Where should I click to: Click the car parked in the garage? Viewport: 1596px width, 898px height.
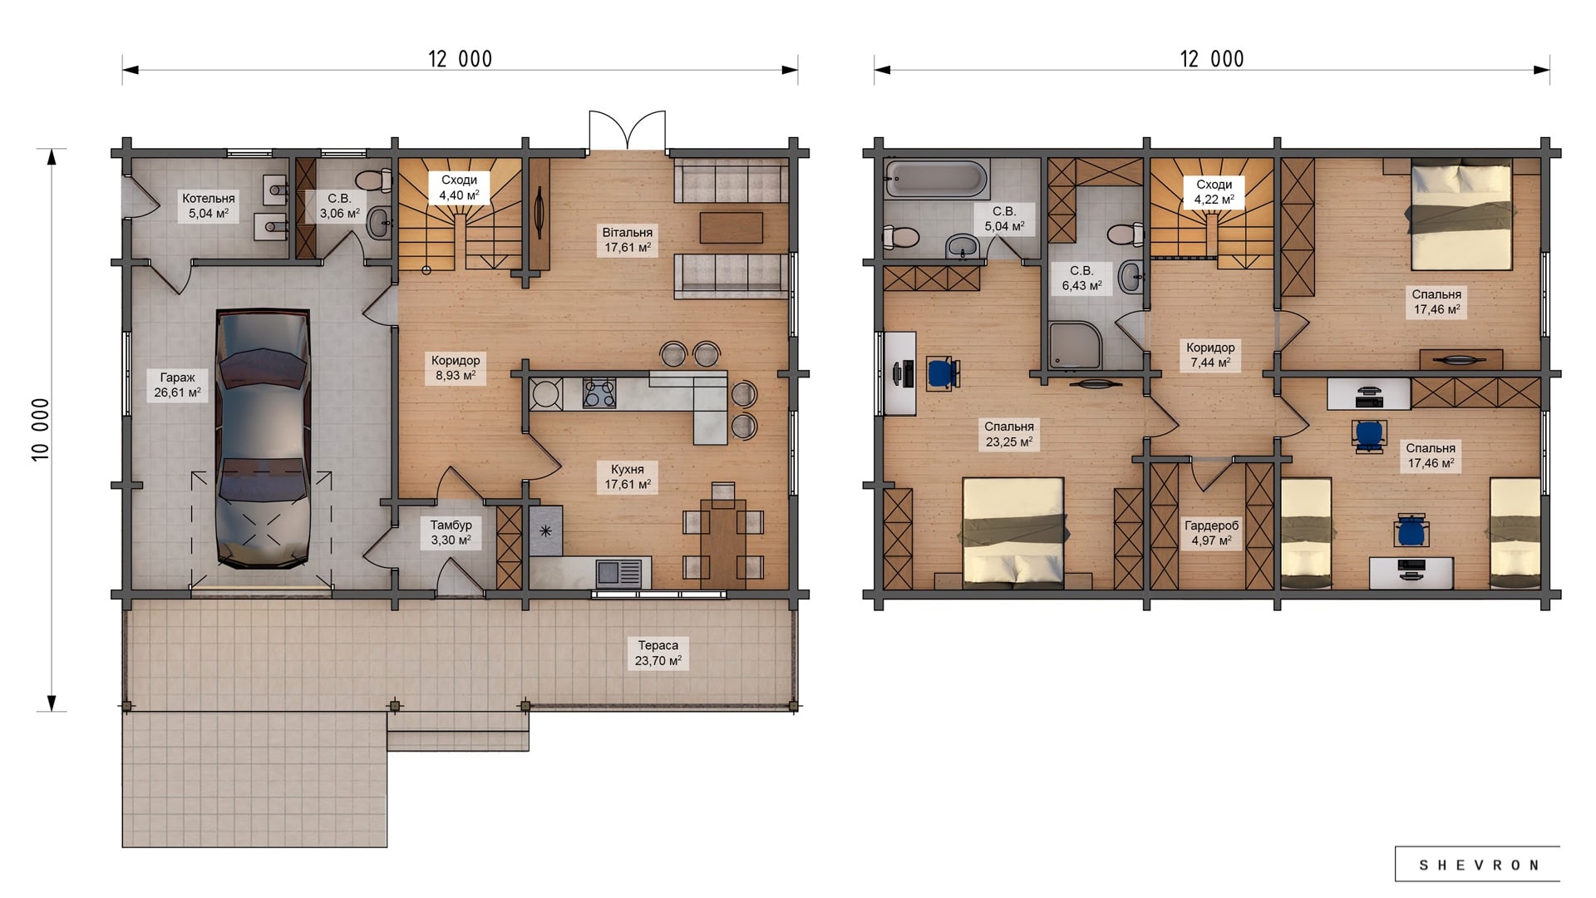[x=263, y=439]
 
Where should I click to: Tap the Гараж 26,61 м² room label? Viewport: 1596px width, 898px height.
[x=177, y=385]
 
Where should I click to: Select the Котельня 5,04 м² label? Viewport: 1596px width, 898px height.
[x=208, y=205]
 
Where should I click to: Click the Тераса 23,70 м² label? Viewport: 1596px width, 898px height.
[x=658, y=653]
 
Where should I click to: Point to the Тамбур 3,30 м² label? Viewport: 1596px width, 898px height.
[x=451, y=532]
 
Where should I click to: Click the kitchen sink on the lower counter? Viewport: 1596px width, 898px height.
[x=619, y=574]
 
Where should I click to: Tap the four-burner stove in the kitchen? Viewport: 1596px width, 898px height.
[x=598, y=393]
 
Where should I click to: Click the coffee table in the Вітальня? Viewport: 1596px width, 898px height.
[x=731, y=228]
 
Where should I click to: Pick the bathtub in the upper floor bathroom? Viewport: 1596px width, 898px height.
[x=936, y=179]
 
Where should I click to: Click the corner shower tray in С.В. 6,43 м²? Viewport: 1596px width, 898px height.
[x=1076, y=346]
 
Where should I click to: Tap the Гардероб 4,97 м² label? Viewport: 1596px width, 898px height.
[x=1211, y=533]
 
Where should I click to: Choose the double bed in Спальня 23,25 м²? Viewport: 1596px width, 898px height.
[x=1013, y=533]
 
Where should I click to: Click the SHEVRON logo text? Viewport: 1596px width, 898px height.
[x=1479, y=865]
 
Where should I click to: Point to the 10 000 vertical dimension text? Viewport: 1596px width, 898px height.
[x=41, y=430]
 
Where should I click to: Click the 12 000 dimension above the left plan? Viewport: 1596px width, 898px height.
[x=461, y=59]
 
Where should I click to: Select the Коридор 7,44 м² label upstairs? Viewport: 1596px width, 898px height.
[x=1210, y=355]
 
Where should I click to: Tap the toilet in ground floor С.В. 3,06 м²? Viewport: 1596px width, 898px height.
[x=374, y=179]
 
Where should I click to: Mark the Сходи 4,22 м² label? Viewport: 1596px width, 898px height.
[x=1214, y=192]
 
